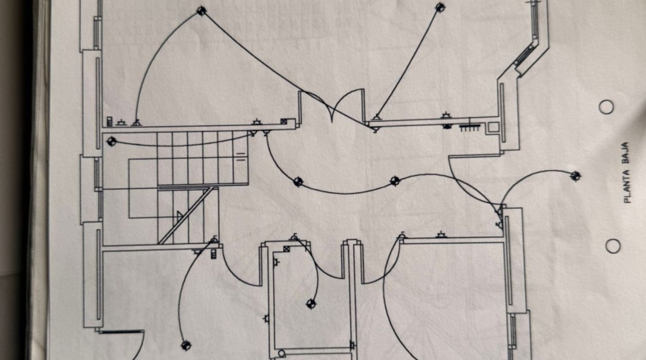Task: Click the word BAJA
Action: (x=626, y=153)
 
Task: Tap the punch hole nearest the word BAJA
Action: (x=606, y=107)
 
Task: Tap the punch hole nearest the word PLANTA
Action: (x=613, y=246)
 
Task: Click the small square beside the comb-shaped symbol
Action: (x=493, y=127)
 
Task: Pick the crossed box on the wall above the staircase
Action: (x=284, y=122)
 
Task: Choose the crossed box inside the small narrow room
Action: (x=287, y=249)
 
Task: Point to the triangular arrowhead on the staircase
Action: (x=180, y=215)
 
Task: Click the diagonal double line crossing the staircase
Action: (x=186, y=215)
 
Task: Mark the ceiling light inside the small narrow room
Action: (x=312, y=304)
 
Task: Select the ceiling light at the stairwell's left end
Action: (x=111, y=142)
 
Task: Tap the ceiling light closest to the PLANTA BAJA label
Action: (x=576, y=176)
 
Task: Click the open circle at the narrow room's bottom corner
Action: (x=281, y=353)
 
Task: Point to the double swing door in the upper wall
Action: (x=333, y=106)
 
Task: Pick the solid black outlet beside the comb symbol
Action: (x=447, y=126)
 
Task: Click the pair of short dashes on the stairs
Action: (x=240, y=156)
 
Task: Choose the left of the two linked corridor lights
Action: (x=298, y=182)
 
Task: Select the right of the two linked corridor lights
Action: (x=395, y=181)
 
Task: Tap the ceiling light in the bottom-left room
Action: (x=186, y=345)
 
